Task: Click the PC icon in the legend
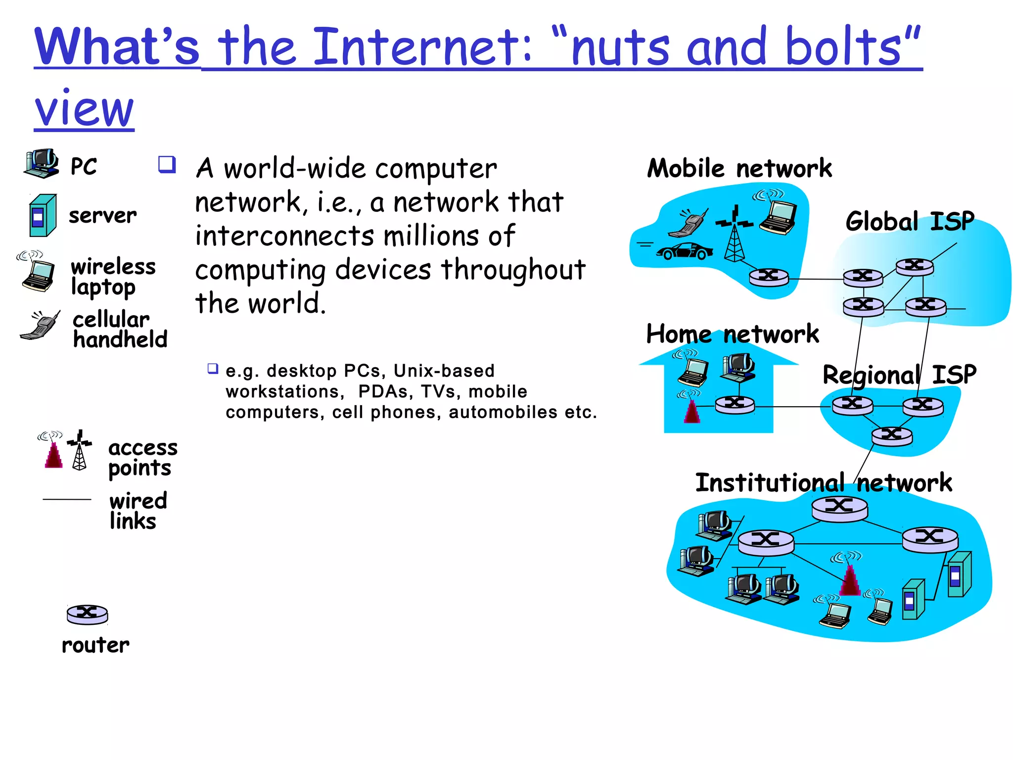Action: [42, 164]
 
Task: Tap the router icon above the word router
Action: [88, 614]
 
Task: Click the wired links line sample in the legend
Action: [67, 499]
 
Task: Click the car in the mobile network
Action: [685, 251]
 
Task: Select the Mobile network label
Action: [739, 168]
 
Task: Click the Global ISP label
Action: [910, 221]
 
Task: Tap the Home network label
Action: [733, 334]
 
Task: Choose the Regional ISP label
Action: [899, 375]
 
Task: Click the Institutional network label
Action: [824, 482]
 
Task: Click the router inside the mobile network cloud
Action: [769, 277]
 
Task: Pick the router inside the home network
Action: [735, 404]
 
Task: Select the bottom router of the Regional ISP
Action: [892, 436]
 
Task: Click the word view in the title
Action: [84, 108]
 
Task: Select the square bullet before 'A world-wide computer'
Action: [167, 164]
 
